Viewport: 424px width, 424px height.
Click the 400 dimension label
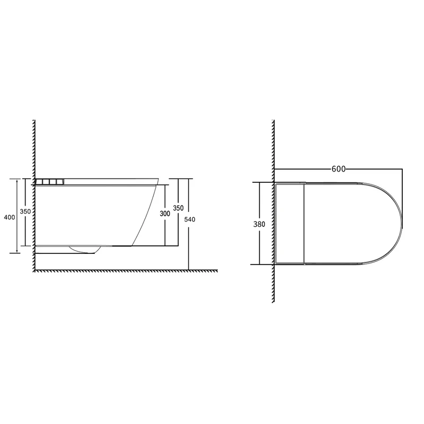10,217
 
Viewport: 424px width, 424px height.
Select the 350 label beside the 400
25,211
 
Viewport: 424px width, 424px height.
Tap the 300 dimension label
165,214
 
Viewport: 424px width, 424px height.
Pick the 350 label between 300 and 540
178,208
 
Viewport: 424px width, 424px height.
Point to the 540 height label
190,219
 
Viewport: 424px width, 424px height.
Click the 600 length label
339,169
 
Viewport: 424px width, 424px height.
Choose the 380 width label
259,224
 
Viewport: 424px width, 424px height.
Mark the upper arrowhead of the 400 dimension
17,181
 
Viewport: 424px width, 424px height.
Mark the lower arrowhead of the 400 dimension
17,250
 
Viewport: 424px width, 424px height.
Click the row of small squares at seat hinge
50,181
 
